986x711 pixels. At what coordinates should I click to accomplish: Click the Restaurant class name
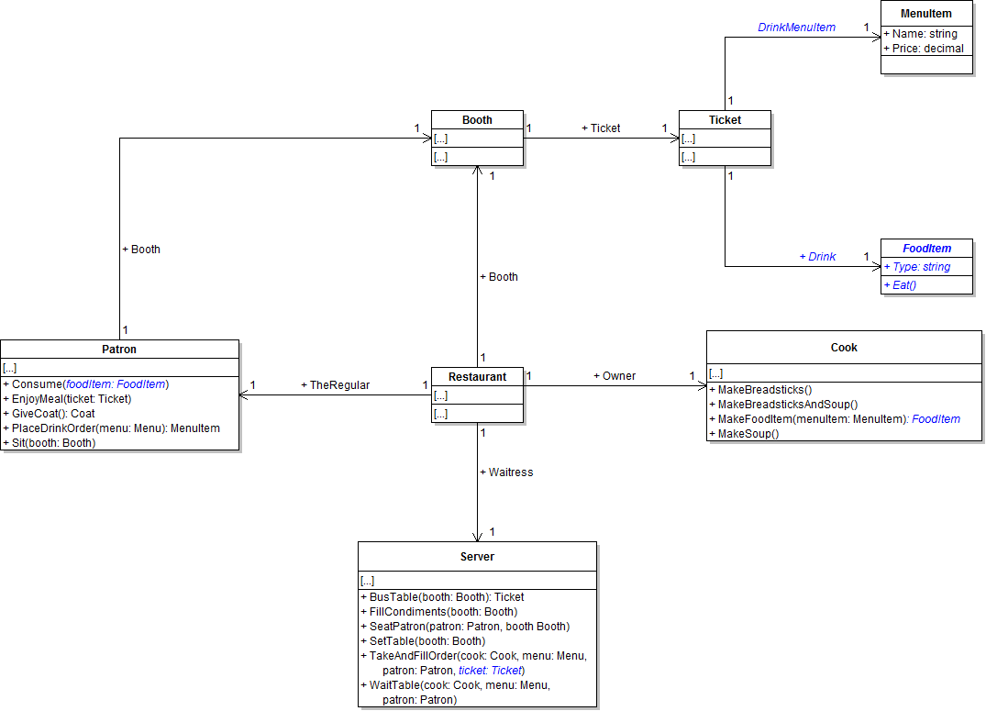click(477, 376)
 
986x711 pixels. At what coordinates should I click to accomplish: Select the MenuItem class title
click(926, 14)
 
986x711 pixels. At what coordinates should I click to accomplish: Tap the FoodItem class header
click(926, 248)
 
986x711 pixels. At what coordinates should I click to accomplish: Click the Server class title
click(477, 557)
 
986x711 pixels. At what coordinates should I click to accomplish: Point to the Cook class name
click(844, 348)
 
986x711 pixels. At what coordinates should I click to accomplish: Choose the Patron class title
click(119, 349)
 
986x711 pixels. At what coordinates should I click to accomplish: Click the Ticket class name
click(725, 119)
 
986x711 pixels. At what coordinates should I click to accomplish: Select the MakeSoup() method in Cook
click(748, 433)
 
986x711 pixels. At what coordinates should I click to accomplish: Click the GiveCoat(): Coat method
click(54, 413)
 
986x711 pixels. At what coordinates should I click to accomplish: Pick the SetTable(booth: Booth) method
click(423, 640)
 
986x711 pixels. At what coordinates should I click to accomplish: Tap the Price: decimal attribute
click(924, 48)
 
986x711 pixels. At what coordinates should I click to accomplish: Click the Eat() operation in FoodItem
click(900, 284)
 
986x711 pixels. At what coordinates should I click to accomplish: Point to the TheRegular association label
click(335, 385)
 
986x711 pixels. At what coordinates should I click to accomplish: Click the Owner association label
click(615, 375)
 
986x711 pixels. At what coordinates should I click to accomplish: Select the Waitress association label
click(505, 472)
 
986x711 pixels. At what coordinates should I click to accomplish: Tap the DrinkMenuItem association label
click(796, 28)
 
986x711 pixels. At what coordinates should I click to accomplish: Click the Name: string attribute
click(920, 34)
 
